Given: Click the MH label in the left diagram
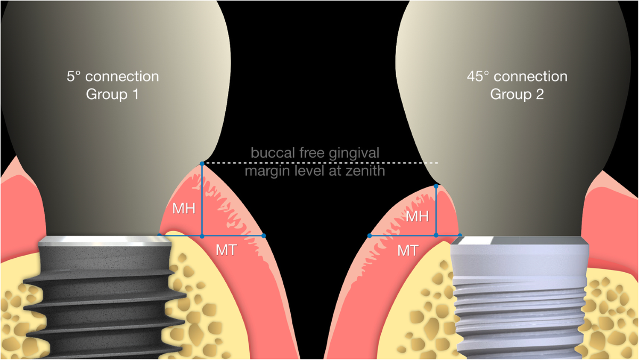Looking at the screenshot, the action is (183, 209).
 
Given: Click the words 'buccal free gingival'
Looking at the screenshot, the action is (315, 153).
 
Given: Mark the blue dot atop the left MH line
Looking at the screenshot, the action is (202, 163).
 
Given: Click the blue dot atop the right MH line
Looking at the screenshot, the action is (436, 186).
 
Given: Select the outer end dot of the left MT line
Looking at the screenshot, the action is (264, 235).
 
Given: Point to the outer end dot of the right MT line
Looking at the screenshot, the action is (369, 235).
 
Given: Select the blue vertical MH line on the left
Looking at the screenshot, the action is (202, 200).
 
